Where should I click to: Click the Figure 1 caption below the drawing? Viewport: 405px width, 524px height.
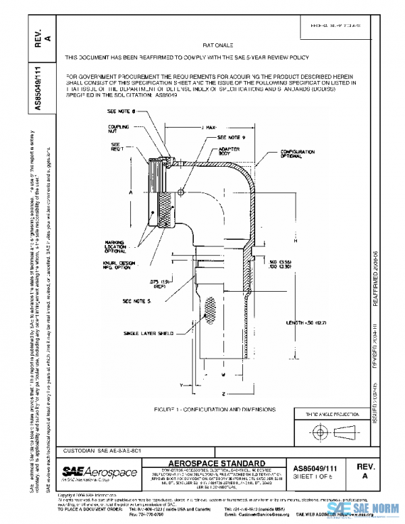(215, 409)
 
